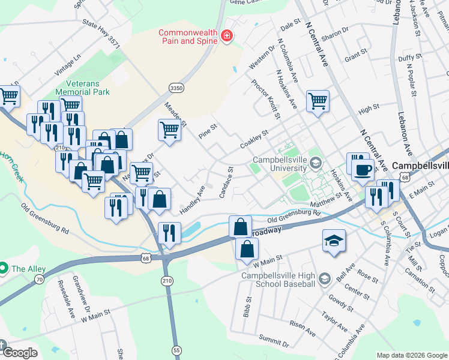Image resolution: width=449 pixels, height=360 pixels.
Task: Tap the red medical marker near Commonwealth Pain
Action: coord(226,37)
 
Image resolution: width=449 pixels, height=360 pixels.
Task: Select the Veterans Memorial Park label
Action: coord(83,88)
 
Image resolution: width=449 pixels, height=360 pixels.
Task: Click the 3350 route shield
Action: coord(175,88)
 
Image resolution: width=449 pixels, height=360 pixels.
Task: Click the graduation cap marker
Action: coord(334,241)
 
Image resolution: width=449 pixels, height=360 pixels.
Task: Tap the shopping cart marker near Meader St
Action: coord(170,128)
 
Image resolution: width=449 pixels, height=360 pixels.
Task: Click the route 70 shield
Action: coord(40,279)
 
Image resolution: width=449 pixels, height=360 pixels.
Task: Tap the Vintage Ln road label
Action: coord(68,64)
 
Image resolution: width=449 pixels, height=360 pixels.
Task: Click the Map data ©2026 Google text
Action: coord(411,355)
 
